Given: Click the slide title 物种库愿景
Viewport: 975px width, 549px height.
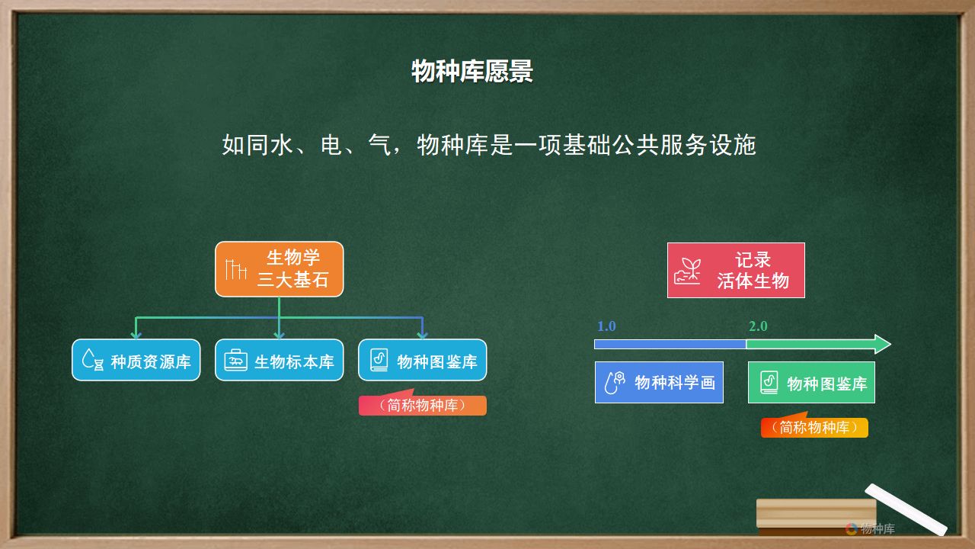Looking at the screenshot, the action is coord(472,71).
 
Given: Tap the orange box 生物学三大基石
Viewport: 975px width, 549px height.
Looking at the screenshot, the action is coord(279,269).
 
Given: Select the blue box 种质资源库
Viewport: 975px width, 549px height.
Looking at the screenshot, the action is coord(136,361).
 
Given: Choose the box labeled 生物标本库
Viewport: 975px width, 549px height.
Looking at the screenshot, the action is coord(279,361).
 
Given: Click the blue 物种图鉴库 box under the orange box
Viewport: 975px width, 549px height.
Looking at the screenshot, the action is coord(422,361).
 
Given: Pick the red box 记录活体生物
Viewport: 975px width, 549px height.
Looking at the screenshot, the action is coord(736,270).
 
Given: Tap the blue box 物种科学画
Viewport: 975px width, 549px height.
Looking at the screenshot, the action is coord(659,382).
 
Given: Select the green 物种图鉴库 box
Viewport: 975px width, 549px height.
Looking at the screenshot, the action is coord(811,382).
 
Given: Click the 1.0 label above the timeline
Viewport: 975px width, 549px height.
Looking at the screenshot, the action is coord(606,326).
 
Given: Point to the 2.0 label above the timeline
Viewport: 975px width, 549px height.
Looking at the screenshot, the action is coord(758,326).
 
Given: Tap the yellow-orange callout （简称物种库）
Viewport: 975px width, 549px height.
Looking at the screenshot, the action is coord(814,426).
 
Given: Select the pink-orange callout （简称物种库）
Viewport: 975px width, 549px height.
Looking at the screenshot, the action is coord(422,404).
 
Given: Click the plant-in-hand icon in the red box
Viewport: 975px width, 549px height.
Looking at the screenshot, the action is coord(688,271).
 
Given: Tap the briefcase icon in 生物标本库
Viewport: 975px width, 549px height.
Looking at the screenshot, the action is coord(235,361).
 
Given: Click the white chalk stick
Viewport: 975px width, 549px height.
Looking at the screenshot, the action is coord(906,509).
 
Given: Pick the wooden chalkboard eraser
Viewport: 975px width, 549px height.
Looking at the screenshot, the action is coord(816,517).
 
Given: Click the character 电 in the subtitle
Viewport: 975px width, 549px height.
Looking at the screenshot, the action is coord(331,145).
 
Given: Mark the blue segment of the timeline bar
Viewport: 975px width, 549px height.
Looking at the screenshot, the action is coord(670,344).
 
